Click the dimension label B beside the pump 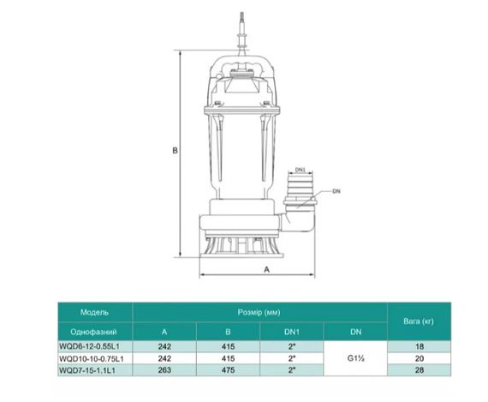click(175, 150)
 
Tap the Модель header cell click(94, 312)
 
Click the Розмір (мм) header click(259, 312)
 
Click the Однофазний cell click(94, 332)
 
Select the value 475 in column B click(227, 371)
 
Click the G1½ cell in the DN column click(354, 359)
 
